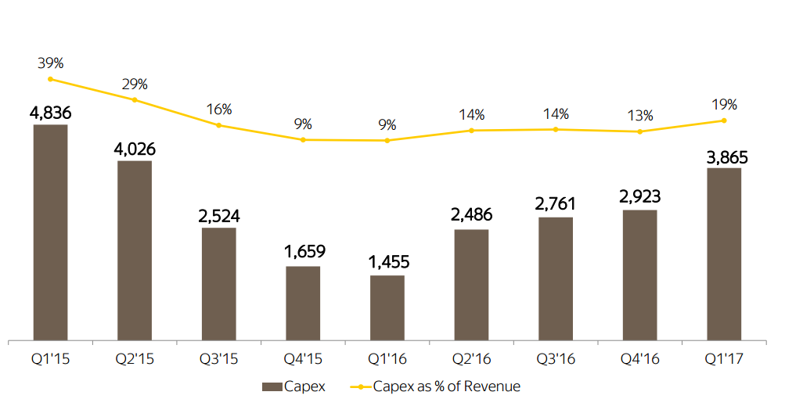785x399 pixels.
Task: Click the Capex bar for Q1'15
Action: click(x=50, y=232)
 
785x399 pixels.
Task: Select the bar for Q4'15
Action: click(x=303, y=304)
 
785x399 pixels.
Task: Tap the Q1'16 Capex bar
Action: click(x=387, y=307)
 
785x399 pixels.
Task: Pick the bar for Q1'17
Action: click(x=724, y=254)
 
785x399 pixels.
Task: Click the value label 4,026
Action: click(x=135, y=149)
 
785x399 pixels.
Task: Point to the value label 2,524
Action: click(x=219, y=216)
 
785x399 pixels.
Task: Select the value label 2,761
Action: click(x=556, y=204)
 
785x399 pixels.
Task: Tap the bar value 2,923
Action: click(x=640, y=197)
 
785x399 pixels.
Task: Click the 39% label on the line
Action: click(x=50, y=62)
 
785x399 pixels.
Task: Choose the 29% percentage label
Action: click(x=135, y=84)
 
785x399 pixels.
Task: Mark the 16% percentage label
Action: click(x=219, y=110)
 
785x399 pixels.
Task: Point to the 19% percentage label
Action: click(x=724, y=105)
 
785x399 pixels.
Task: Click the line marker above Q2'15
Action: click(x=135, y=100)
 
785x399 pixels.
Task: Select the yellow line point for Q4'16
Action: click(x=640, y=131)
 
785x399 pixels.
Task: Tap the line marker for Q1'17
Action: click(x=724, y=120)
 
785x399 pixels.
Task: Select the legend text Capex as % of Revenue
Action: click(x=446, y=386)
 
